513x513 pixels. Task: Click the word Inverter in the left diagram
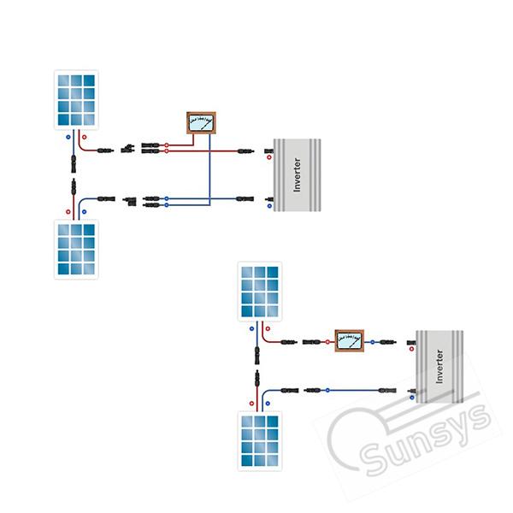pyautogui.click(x=297, y=174)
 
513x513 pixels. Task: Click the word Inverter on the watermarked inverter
pyautogui.click(x=439, y=367)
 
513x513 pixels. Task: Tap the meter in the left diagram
pyautogui.click(x=201, y=123)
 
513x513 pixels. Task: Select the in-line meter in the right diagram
pyautogui.click(x=350, y=341)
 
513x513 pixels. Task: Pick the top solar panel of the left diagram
pyautogui.click(x=76, y=100)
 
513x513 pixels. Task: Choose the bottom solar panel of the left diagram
pyautogui.click(x=76, y=250)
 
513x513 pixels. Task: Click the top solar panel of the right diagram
pyautogui.click(x=260, y=292)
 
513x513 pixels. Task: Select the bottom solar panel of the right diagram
pyautogui.click(x=260, y=441)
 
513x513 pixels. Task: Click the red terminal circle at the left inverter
pyautogui.click(x=269, y=157)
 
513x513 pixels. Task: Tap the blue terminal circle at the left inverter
pyautogui.click(x=269, y=206)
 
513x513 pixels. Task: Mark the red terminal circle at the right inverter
pyautogui.click(x=411, y=349)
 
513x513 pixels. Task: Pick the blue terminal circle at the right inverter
pyautogui.click(x=412, y=398)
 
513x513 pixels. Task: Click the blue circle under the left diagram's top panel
pyautogui.click(x=68, y=137)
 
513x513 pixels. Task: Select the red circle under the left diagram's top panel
pyautogui.click(x=85, y=137)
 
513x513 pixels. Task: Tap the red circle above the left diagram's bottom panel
pyautogui.click(x=68, y=212)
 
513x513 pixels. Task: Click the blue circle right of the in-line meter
pyautogui.click(x=372, y=342)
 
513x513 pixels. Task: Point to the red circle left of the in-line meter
pyautogui.click(x=327, y=342)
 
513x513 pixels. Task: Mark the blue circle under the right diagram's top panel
pyautogui.click(x=251, y=329)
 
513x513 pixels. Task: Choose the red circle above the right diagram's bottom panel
pyautogui.click(x=251, y=404)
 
